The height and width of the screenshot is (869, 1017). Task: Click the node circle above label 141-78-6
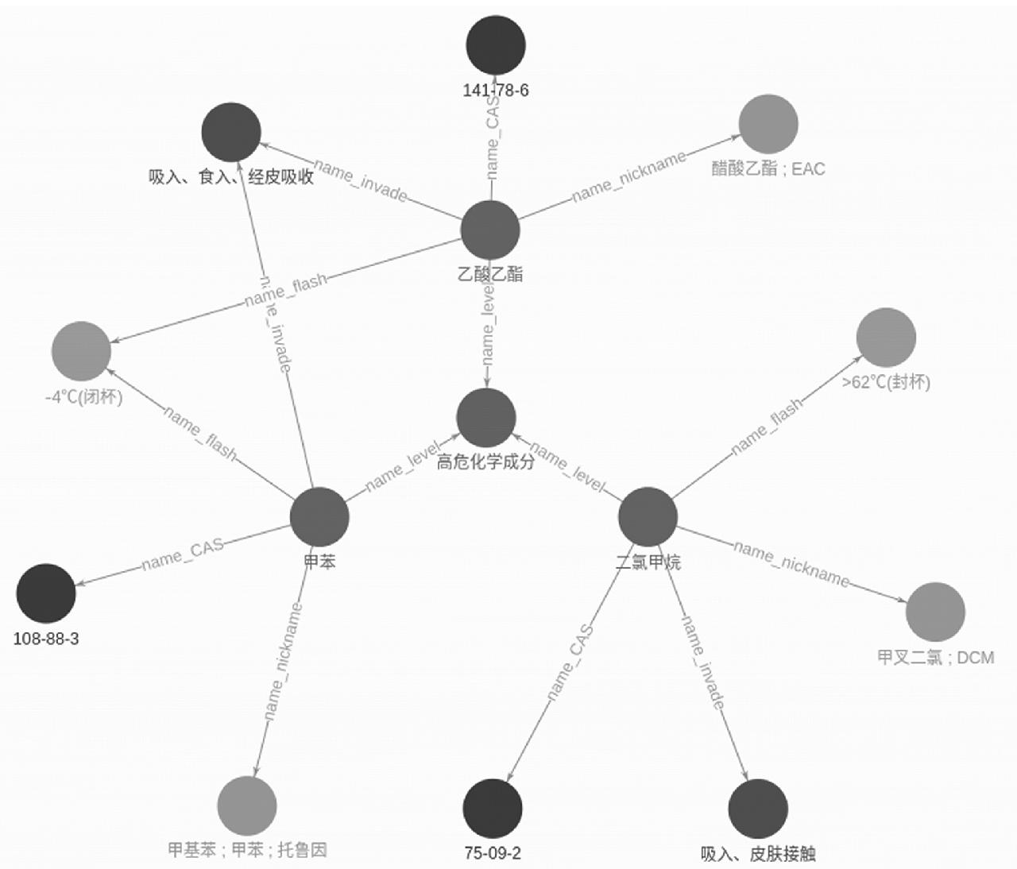[x=496, y=45]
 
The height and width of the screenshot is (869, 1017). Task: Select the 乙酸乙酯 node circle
[x=490, y=230]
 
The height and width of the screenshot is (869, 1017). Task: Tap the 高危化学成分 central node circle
[x=486, y=418]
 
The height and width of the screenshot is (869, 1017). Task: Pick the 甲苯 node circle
[x=319, y=517]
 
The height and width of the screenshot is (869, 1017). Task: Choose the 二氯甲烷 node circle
[x=648, y=516]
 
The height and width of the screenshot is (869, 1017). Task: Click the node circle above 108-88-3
[x=46, y=593]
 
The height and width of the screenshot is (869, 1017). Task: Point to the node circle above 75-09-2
[x=493, y=809]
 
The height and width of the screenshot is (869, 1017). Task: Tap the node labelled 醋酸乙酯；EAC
[x=768, y=124]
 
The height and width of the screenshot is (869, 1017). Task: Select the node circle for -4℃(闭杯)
[x=81, y=351]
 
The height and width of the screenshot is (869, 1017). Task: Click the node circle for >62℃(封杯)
[x=886, y=338]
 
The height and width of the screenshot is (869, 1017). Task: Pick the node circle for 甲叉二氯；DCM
[x=935, y=612]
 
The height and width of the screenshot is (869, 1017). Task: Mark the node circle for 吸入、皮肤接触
[x=758, y=809]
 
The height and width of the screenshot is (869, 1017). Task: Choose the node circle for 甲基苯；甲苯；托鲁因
[x=247, y=806]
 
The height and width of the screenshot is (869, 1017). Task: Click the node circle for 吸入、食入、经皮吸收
[x=231, y=132]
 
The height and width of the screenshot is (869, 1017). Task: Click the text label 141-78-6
[x=496, y=91]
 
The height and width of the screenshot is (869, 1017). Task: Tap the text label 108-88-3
[x=46, y=639]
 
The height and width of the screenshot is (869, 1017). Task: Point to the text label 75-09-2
[x=493, y=854]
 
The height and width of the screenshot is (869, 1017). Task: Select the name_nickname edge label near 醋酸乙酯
[x=628, y=177]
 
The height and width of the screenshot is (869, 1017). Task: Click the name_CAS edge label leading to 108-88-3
[x=183, y=554]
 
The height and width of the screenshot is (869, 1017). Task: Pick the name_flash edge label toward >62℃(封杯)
[x=767, y=427]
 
